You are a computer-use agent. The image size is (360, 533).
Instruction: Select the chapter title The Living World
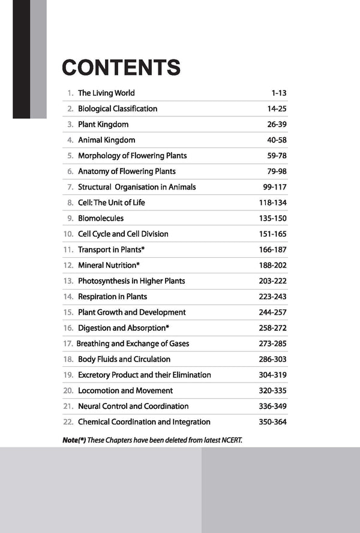[x=106, y=93]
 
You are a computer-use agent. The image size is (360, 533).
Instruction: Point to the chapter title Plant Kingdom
[x=103, y=124]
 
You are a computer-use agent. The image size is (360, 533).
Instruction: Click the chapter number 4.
[x=70, y=140]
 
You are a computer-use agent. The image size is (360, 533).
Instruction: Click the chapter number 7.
[x=70, y=187]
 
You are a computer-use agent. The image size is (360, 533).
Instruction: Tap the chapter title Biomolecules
[x=101, y=218]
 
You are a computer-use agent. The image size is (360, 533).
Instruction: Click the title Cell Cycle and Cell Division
[x=123, y=234]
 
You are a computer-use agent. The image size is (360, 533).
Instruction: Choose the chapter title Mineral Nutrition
[x=106, y=265]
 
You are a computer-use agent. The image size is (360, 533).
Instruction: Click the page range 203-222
[x=273, y=281]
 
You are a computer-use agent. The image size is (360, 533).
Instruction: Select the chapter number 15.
[x=68, y=312]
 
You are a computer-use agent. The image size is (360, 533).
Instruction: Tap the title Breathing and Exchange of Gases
[x=133, y=344]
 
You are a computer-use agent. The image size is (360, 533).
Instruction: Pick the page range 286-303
[x=273, y=359]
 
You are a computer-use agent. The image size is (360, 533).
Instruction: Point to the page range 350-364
[x=273, y=422]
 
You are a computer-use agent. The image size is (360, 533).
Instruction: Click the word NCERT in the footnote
[x=230, y=440]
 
